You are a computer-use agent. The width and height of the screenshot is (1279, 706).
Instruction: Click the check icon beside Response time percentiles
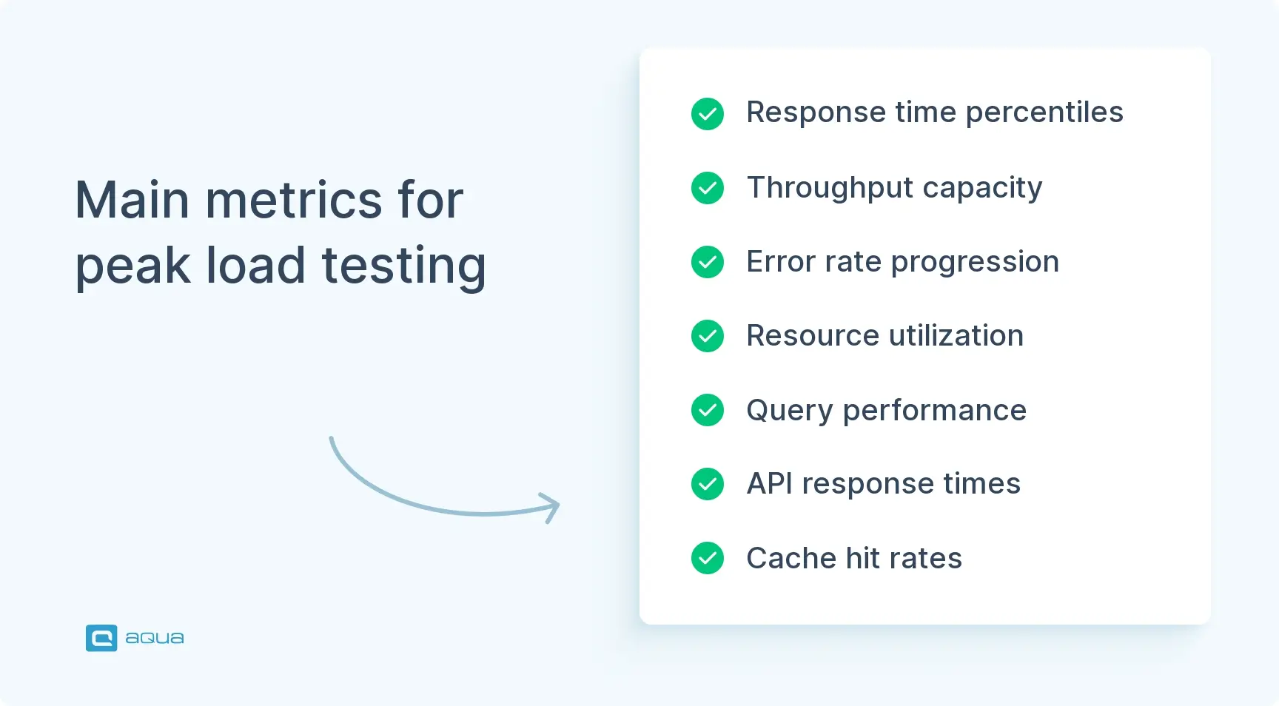click(x=708, y=114)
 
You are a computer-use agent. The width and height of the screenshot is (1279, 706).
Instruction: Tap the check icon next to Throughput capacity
click(x=708, y=188)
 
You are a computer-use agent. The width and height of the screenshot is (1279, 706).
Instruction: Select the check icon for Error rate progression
click(x=708, y=262)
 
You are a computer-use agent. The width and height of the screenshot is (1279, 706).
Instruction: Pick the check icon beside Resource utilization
click(x=708, y=336)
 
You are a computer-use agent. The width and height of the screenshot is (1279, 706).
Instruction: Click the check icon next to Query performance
click(x=708, y=410)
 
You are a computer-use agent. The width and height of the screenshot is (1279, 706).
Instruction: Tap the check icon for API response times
click(x=708, y=484)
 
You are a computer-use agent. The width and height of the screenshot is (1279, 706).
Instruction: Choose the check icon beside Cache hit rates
click(x=708, y=558)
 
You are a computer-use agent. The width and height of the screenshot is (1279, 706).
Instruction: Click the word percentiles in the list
click(x=1044, y=113)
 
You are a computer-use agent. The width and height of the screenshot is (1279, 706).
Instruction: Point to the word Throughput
click(x=828, y=188)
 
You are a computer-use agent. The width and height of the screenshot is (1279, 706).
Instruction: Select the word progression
click(x=975, y=263)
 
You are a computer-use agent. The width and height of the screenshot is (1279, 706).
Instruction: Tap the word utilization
click(x=956, y=336)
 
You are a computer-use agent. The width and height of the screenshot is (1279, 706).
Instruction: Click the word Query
click(x=789, y=411)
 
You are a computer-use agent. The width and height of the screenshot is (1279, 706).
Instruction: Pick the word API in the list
click(x=769, y=484)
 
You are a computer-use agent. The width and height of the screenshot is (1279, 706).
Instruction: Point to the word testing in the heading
click(x=404, y=266)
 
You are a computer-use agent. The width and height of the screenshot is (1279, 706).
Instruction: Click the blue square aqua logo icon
click(x=101, y=638)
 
